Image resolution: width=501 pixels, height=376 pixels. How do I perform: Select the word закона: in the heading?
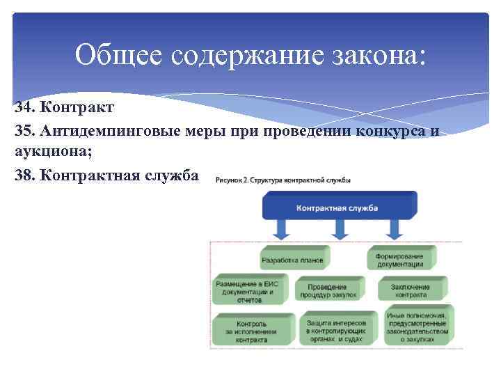(x=374, y=55)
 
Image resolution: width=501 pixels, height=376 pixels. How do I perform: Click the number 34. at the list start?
(x=25, y=109)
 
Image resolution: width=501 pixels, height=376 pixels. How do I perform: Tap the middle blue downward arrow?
(x=339, y=230)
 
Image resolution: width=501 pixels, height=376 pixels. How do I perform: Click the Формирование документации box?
(x=400, y=258)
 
